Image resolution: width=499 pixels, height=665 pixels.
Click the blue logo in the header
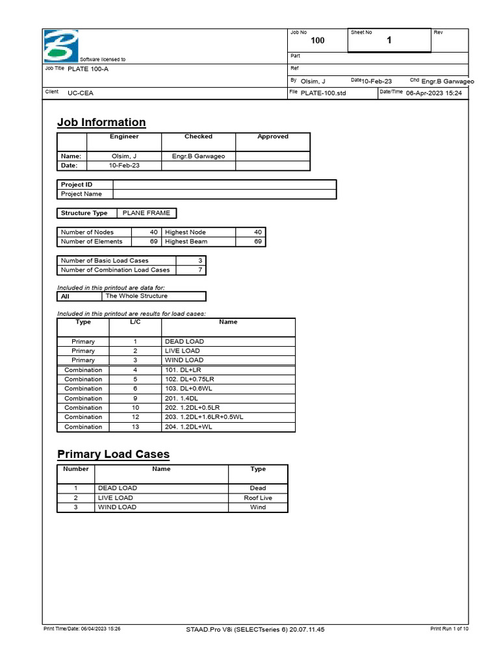tap(59, 46)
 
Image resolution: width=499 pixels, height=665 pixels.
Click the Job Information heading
tap(101, 122)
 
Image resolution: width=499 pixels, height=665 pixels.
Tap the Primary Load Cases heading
tap(113, 454)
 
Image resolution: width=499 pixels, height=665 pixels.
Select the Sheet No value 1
tap(389, 40)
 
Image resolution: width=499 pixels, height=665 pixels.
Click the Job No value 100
tap(318, 41)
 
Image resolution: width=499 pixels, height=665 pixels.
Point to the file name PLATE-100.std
tap(324, 93)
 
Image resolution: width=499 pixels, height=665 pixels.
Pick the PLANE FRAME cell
tap(145, 213)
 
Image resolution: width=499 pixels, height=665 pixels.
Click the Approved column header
tap(272, 137)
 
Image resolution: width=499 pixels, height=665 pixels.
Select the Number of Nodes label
tap(87, 232)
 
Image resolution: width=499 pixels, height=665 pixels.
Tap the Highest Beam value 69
tap(258, 242)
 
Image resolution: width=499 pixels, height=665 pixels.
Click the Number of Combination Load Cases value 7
tap(200, 270)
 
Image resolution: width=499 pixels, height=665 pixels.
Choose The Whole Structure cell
tap(136, 296)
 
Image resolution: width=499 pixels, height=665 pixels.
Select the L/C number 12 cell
tap(136, 417)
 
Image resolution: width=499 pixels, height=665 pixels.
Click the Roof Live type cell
tap(258, 497)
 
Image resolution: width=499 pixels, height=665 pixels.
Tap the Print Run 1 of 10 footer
tap(449, 629)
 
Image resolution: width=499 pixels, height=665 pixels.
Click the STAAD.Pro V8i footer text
tap(255, 629)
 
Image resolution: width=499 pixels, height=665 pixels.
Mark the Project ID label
tap(77, 184)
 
